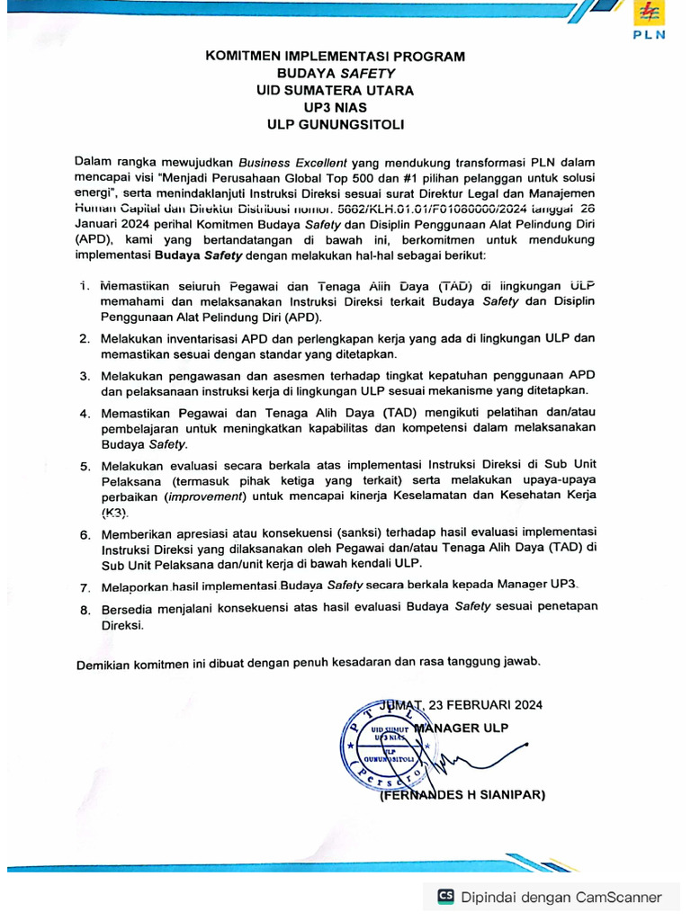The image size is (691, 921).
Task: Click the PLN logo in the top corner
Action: [x=649, y=21]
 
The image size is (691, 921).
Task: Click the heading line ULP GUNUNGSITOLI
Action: [x=336, y=125]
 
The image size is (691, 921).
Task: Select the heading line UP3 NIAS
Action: [x=336, y=108]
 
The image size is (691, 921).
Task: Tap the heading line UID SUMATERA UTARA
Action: [x=336, y=91]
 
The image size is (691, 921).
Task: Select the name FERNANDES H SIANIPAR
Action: [x=462, y=795]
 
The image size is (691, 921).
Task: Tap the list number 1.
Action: [x=84, y=285]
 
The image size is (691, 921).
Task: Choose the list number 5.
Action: [x=84, y=467]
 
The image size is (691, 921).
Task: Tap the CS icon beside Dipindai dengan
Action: [x=445, y=897]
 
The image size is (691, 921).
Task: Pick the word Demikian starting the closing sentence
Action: [x=104, y=663]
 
